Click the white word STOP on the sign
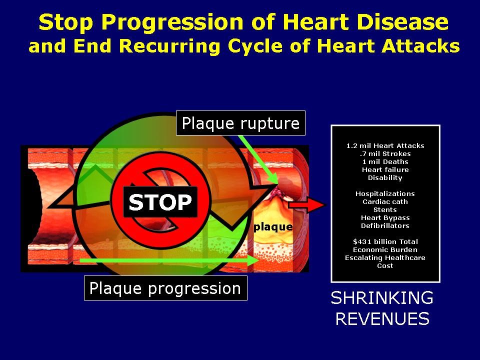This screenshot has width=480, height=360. [160, 202]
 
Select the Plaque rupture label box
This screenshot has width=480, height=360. [240, 123]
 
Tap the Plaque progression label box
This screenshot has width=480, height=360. [165, 288]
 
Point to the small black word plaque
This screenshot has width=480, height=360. [273, 227]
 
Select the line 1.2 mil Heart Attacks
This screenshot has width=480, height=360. [385, 146]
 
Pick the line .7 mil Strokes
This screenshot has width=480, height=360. [385, 154]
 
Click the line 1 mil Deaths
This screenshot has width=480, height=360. [385, 162]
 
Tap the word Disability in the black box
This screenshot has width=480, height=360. [385, 178]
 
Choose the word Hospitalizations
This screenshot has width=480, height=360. [385, 194]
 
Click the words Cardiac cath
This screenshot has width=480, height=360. [385, 202]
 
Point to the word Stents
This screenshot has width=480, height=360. [385, 210]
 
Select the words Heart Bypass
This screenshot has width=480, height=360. [385, 218]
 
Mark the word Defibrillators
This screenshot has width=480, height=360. [385, 226]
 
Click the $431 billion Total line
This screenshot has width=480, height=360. [385, 242]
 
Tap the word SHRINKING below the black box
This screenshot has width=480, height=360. [382, 298]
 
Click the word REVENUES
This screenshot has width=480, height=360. [382, 319]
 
